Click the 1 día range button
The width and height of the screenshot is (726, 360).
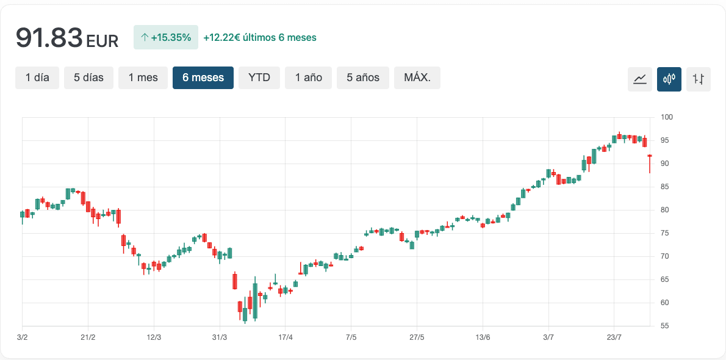point(37,78)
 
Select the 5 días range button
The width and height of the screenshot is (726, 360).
point(88,78)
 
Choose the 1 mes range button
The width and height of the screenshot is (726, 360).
point(143,78)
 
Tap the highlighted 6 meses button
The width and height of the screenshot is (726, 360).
point(203,78)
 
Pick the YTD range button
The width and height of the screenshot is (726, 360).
point(259,78)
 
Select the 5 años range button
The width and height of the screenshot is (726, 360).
point(363,78)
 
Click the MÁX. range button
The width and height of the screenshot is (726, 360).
point(417,78)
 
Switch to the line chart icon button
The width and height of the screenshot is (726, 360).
point(640,79)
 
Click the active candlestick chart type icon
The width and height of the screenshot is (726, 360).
point(669,79)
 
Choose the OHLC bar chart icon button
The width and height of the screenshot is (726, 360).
point(699,79)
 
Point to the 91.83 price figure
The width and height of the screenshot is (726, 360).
point(49,38)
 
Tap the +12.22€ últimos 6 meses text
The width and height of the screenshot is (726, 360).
point(260,38)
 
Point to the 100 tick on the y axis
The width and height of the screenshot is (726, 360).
point(666,117)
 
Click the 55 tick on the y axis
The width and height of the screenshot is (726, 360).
point(664,326)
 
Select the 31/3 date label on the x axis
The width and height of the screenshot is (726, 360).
point(220,337)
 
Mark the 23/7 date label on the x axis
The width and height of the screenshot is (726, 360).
point(614,337)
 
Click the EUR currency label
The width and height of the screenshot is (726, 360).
point(102,41)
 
